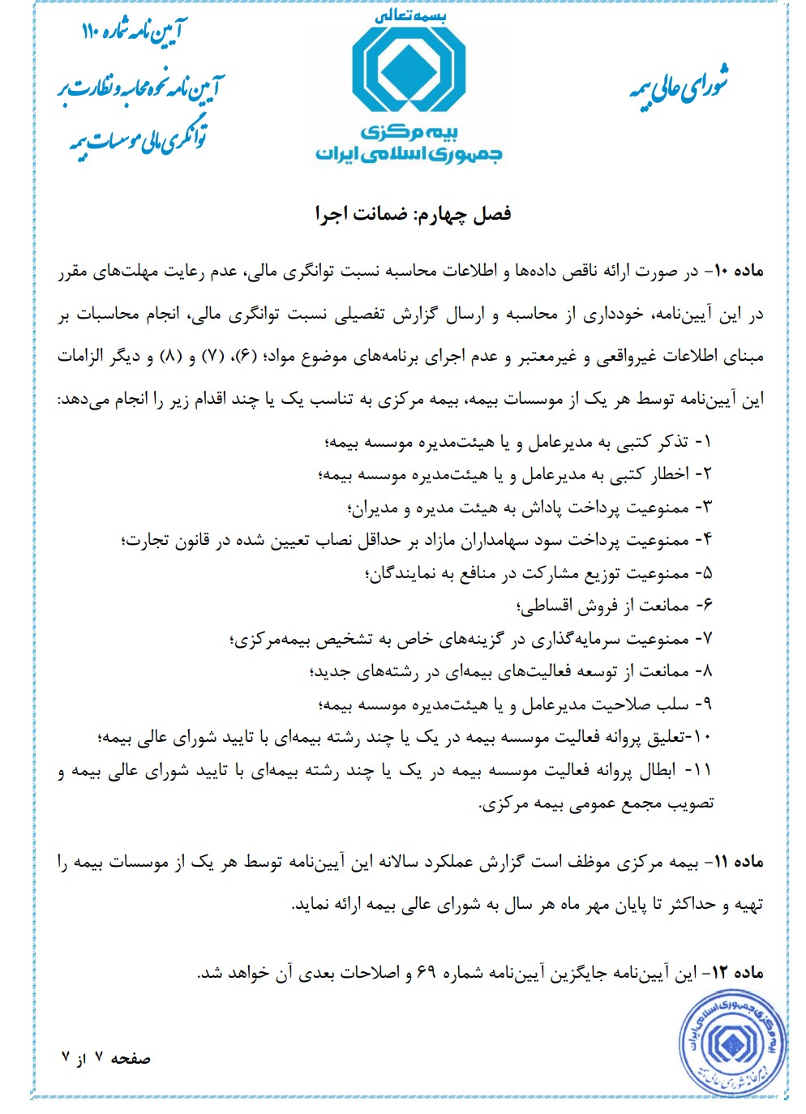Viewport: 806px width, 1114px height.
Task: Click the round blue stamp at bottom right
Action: (x=733, y=1043)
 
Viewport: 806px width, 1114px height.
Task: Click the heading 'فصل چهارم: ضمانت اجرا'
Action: (x=414, y=214)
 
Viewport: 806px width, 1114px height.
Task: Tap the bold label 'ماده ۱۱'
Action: (x=737, y=863)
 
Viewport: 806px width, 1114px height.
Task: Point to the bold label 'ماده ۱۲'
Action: (x=737, y=972)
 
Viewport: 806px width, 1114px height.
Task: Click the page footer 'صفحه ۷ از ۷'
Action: (x=106, y=1059)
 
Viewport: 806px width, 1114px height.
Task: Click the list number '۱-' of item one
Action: (x=703, y=442)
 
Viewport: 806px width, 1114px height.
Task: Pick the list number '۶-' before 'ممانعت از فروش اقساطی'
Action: (x=703, y=606)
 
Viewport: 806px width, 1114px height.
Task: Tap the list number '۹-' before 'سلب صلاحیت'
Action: (x=703, y=705)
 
